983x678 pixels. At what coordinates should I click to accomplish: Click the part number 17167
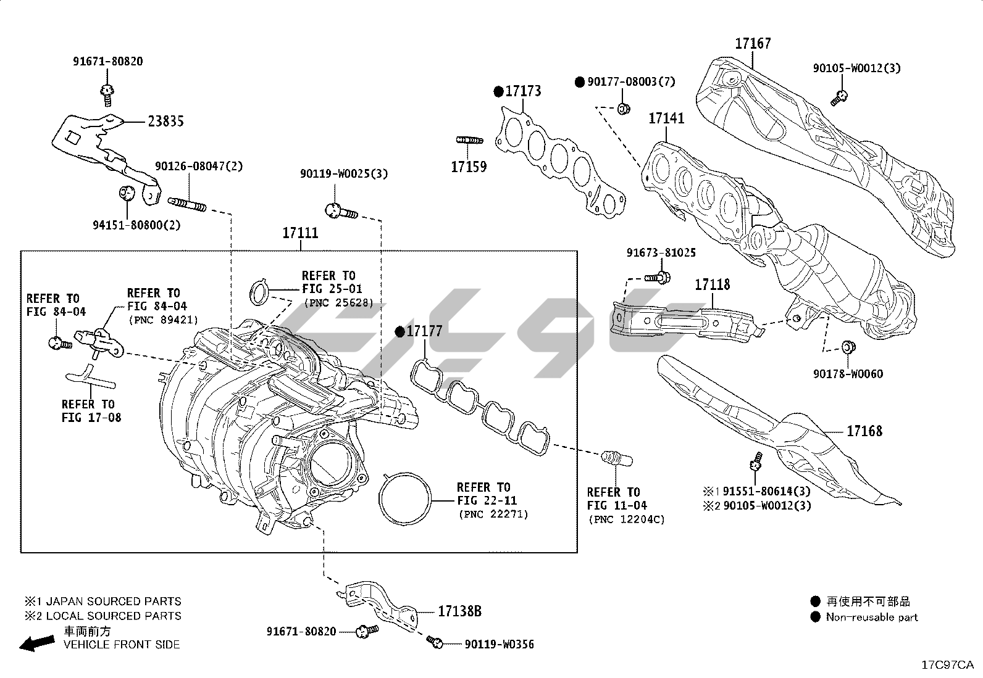tap(752, 44)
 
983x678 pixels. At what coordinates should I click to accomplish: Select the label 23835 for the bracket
tap(165, 122)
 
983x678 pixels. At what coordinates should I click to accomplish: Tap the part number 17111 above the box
tap(300, 233)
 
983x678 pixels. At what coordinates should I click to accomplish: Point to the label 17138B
tap(459, 611)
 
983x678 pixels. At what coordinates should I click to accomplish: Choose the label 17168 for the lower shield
tap(864, 431)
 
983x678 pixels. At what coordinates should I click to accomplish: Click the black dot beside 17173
tap(498, 92)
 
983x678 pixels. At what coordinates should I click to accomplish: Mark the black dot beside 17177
tap(399, 332)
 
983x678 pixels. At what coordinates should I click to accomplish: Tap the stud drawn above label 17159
tap(469, 140)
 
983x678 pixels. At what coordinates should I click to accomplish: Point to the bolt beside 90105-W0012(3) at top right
tap(839, 96)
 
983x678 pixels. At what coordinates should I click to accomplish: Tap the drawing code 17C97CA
tap(947, 665)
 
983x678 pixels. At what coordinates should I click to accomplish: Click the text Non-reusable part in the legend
tap(872, 617)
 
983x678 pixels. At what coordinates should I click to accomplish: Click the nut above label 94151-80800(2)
tap(126, 192)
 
